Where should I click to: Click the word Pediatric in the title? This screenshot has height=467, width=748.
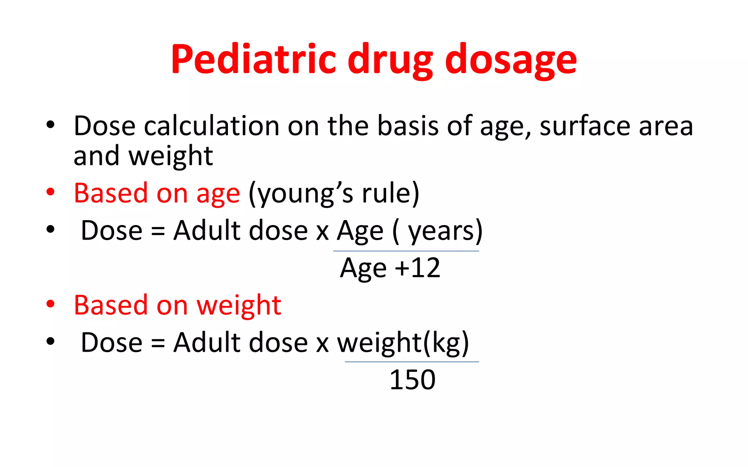(253, 59)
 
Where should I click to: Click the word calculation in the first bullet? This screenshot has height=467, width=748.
(212, 126)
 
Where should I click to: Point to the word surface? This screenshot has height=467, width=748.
(585, 126)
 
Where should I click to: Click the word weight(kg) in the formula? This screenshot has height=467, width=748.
(403, 343)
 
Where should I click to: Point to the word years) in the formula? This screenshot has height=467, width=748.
(445, 231)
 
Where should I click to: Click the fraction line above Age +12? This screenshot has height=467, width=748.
(406, 251)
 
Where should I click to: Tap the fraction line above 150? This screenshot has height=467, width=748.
(412, 362)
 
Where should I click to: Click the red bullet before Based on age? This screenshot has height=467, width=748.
(50, 192)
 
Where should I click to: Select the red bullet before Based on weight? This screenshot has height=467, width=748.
(50, 304)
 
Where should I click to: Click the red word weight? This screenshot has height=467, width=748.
(239, 305)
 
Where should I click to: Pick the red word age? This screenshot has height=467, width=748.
(218, 193)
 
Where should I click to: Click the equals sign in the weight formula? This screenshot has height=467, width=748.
(158, 343)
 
